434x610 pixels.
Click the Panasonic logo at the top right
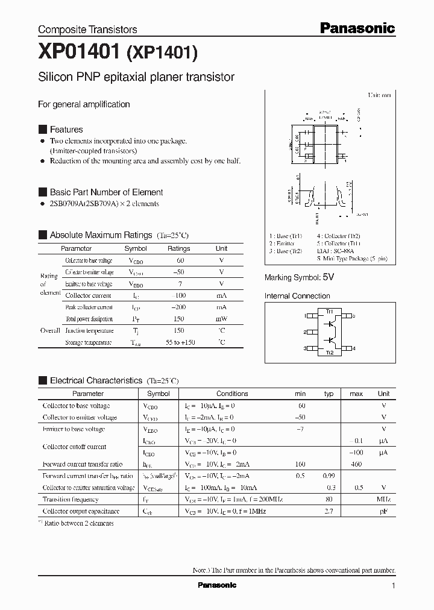pos(357,28)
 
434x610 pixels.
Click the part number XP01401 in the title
pos(80,53)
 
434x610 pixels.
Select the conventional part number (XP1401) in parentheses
pos(162,54)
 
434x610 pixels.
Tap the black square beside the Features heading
pos(42,129)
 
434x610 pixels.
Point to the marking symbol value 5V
pos(328,277)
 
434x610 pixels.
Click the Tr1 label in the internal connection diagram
pos(330,311)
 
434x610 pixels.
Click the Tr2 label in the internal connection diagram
pos(330,353)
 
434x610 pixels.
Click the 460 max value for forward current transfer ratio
pos(356,464)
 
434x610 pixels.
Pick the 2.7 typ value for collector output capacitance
pos(329,511)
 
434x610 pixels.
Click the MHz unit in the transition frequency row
pos(383,499)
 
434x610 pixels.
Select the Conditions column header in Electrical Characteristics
pos(232,394)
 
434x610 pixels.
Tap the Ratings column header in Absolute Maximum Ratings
pos(178,248)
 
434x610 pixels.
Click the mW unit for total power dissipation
pos(221,319)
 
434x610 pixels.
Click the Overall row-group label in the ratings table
pos(49,330)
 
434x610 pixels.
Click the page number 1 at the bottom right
pos(394,586)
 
